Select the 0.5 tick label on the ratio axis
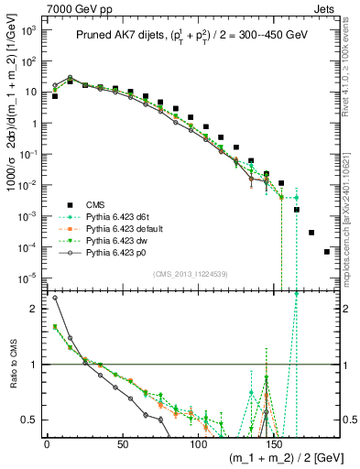[x=28, y=420]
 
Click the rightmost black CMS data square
[x=327, y=251]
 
